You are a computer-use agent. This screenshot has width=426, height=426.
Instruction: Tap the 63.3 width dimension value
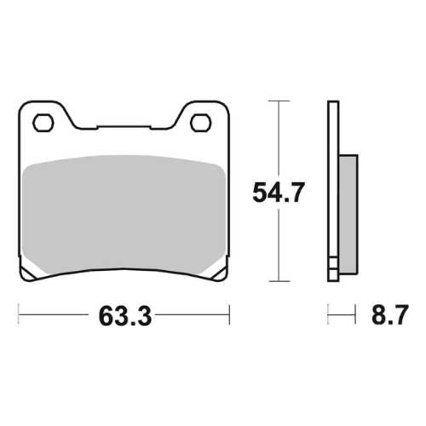pos(124,317)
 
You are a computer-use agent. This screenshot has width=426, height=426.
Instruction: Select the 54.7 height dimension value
pos(278,193)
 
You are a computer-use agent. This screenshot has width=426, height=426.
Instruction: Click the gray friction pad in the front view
pos(124,217)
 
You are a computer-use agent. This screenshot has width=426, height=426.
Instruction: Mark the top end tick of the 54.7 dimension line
pos(274,101)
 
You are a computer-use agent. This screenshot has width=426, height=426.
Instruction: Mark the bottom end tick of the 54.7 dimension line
pos(274,281)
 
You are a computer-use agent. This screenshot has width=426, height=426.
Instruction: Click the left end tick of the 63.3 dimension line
pos(20,316)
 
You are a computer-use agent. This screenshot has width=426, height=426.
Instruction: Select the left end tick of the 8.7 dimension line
pos(328,316)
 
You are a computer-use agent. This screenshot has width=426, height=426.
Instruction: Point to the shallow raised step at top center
pos(124,128)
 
